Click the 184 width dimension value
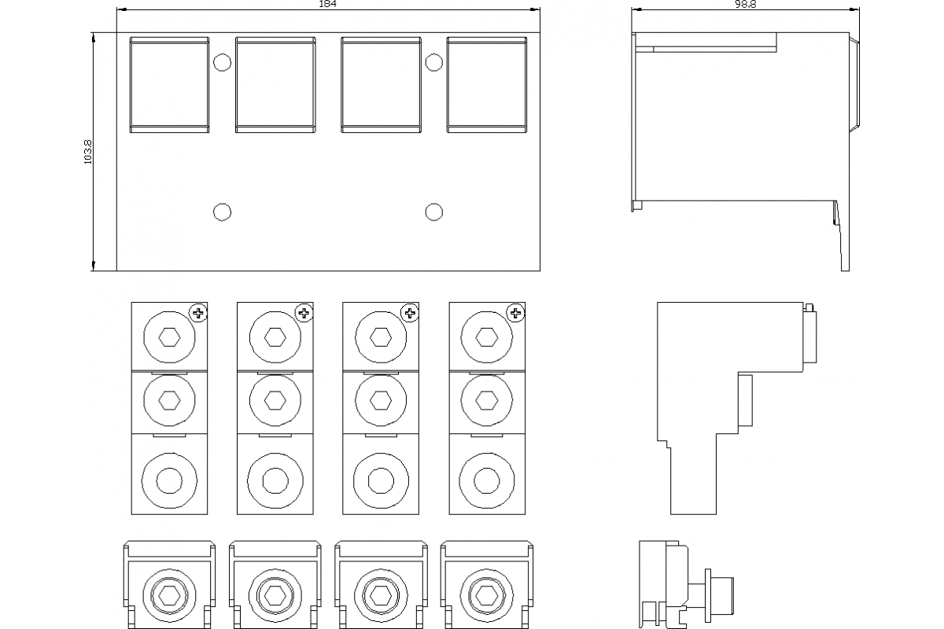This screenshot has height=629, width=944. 327,4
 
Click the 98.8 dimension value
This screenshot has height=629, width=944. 746,4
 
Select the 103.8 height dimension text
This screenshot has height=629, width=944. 87,152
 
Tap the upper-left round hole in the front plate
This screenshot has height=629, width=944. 222,63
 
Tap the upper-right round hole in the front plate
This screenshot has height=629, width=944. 434,63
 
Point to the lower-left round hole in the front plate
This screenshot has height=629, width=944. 222,212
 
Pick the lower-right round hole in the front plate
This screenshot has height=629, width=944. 434,212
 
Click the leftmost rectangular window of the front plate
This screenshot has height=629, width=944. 169,85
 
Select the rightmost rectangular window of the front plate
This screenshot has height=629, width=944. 487,85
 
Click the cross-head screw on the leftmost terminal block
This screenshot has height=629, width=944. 198,313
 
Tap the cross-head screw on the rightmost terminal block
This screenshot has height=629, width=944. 515,313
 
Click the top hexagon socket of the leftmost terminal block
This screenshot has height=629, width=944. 169,337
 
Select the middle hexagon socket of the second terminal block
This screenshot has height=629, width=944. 275,400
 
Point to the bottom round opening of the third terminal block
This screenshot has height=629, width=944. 381,480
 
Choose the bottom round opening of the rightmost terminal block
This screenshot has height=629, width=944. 487,480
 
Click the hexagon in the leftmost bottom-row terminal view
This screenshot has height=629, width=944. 169,596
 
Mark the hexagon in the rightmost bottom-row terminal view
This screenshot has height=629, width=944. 487,596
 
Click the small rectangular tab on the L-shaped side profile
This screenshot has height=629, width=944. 745,401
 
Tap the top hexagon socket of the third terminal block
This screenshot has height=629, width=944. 381,337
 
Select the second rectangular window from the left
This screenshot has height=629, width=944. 275,85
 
